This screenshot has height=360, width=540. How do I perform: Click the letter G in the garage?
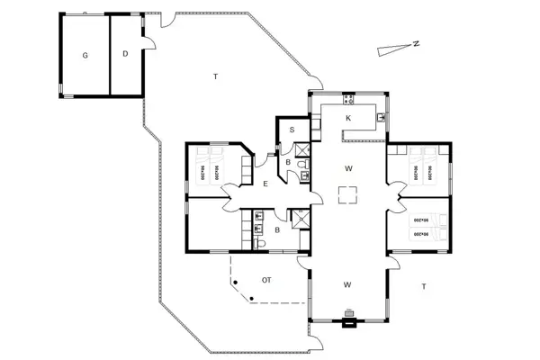[85, 56]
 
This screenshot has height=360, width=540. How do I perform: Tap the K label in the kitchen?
[347, 119]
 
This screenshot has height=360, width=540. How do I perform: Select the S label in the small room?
[292, 130]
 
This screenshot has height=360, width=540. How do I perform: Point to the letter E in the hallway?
[265, 184]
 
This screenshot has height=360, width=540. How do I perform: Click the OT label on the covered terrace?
[266, 281]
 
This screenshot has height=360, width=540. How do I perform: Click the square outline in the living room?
[348, 194]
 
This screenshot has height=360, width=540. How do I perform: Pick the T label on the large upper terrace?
[216, 77]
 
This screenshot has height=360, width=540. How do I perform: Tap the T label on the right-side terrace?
[423, 286]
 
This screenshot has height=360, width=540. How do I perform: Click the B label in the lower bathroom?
[277, 230]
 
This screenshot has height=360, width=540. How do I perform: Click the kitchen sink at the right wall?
[382, 117]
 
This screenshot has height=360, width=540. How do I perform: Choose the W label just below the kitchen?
[347, 168]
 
